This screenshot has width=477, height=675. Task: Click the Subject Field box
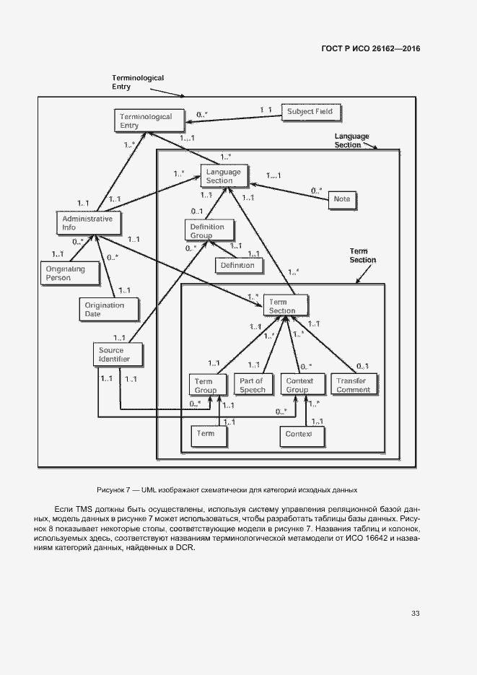[310, 112]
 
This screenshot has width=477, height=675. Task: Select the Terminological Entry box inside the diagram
[145, 121]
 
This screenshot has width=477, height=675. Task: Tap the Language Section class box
[224, 176]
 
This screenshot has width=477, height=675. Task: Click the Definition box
[237, 265]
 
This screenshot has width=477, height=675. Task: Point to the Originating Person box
[66, 273]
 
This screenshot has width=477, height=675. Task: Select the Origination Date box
[105, 309]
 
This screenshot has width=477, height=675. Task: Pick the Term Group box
[206, 385]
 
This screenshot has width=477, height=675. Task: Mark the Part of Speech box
[252, 385]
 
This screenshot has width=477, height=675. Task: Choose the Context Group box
[298, 385]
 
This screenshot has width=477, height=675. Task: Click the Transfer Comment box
[352, 385]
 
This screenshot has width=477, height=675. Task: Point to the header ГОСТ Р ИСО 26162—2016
[370, 49]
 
